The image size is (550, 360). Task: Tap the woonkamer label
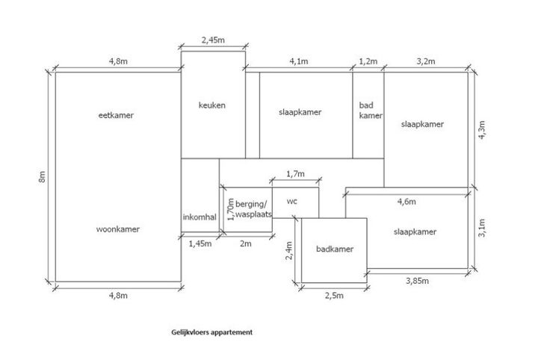coord(119,229)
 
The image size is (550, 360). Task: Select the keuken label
coord(212,105)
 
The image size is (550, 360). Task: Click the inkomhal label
coord(200,217)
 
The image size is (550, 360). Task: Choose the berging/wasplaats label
coord(253,208)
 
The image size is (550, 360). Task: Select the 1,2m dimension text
coord(368,61)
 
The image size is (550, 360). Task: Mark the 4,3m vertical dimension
coord(482,131)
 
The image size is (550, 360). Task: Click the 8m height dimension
coord(43,177)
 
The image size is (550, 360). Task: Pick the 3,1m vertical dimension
coord(482,227)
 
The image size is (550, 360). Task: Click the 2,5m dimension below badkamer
coord(333,295)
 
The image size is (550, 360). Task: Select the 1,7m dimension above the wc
coord(296,174)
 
